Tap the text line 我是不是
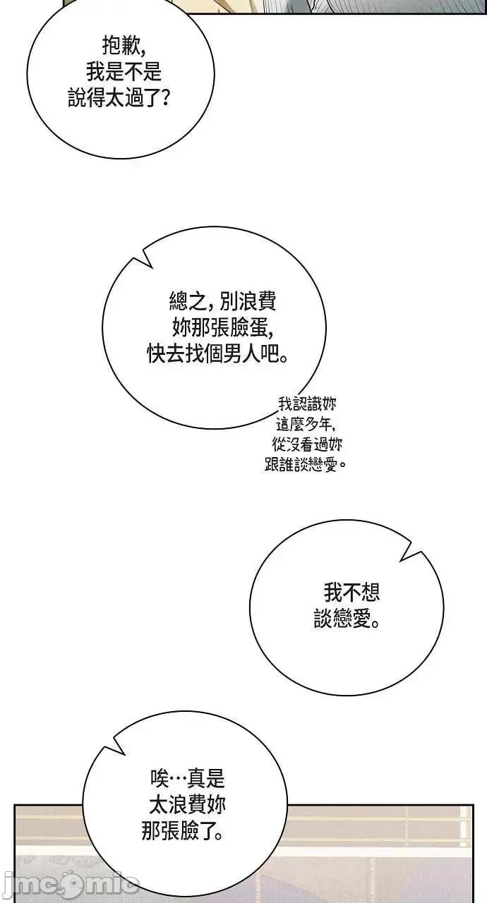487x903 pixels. [124, 72]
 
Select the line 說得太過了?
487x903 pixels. [119, 98]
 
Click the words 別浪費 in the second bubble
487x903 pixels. [248, 301]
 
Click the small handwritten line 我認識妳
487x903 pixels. [307, 404]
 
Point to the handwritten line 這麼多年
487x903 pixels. [306, 424]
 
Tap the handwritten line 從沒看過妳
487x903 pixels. [307, 444]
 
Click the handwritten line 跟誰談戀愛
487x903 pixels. [306, 464]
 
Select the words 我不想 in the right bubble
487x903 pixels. [351, 593]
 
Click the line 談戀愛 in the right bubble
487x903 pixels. [347, 619]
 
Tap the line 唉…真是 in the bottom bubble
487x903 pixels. [188, 778]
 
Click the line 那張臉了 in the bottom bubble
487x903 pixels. [182, 831]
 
